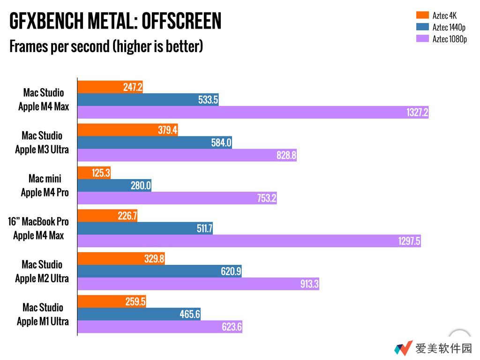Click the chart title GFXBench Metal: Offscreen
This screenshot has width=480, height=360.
(115, 21)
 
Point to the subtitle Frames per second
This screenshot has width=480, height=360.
(106, 46)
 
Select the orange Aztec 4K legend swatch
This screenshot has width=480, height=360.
(422, 16)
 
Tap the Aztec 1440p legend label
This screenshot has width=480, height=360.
(449, 27)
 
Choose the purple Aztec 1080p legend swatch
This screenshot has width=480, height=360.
(422, 39)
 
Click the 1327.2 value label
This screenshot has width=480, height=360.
(417, 112)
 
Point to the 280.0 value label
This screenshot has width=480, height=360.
(141, 186)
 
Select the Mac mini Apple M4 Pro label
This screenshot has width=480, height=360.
(45, 186)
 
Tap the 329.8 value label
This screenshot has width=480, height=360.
(154, 259)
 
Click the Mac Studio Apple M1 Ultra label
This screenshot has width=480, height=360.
(43, 315)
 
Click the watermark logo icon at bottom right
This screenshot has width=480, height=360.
(403, 348)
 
